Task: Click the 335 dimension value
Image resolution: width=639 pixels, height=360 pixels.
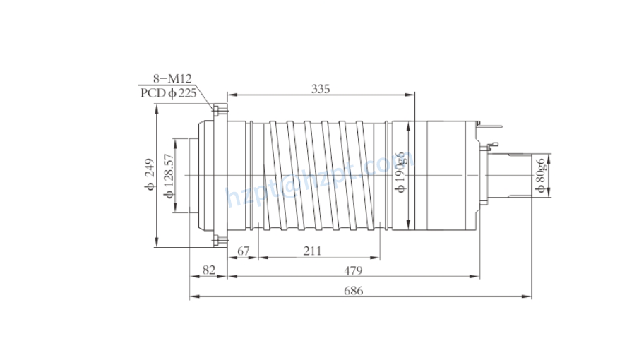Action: tap(321, 89)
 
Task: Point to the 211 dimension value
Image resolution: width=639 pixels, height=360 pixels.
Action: tap(313, 251)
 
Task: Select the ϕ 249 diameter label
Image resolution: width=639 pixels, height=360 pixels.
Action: tap(149, 174)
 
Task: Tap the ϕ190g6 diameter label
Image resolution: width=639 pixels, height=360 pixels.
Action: tap(400, 172)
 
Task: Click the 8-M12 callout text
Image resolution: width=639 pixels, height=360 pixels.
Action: tap(172, 78)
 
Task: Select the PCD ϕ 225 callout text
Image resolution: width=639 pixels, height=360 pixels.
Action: tap(169, 92)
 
